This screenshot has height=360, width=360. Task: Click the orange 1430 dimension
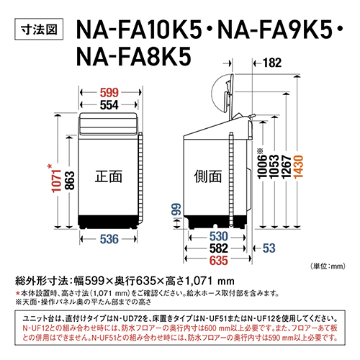[318, 166]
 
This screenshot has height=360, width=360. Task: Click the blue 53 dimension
[269, 248]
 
